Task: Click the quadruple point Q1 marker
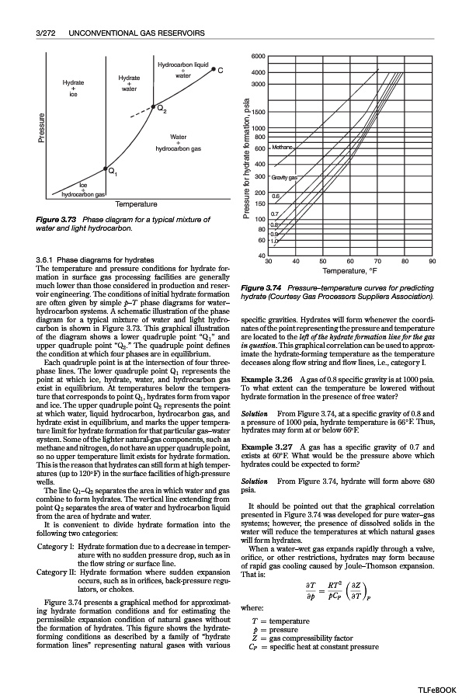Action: (106, 168)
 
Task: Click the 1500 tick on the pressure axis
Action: (259, 113)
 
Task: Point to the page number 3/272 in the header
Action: (48, 34)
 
